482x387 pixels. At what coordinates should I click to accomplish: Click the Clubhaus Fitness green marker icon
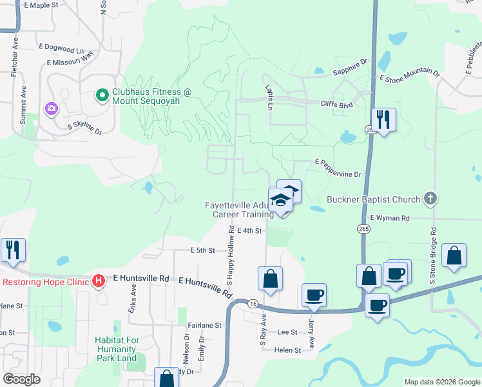101,96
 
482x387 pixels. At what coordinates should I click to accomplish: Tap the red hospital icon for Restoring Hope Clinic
99,281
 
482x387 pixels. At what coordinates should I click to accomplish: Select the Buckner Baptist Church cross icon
431,199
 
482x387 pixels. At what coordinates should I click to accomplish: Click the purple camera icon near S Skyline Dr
52,108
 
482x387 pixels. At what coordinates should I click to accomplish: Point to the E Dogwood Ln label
61,49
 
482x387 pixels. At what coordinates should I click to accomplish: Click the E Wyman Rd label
390,219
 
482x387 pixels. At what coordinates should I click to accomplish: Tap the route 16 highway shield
253,303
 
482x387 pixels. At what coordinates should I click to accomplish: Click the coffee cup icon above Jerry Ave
314,295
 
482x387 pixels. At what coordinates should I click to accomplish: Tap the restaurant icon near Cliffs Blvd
383,119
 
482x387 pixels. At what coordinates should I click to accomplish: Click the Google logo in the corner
21,379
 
